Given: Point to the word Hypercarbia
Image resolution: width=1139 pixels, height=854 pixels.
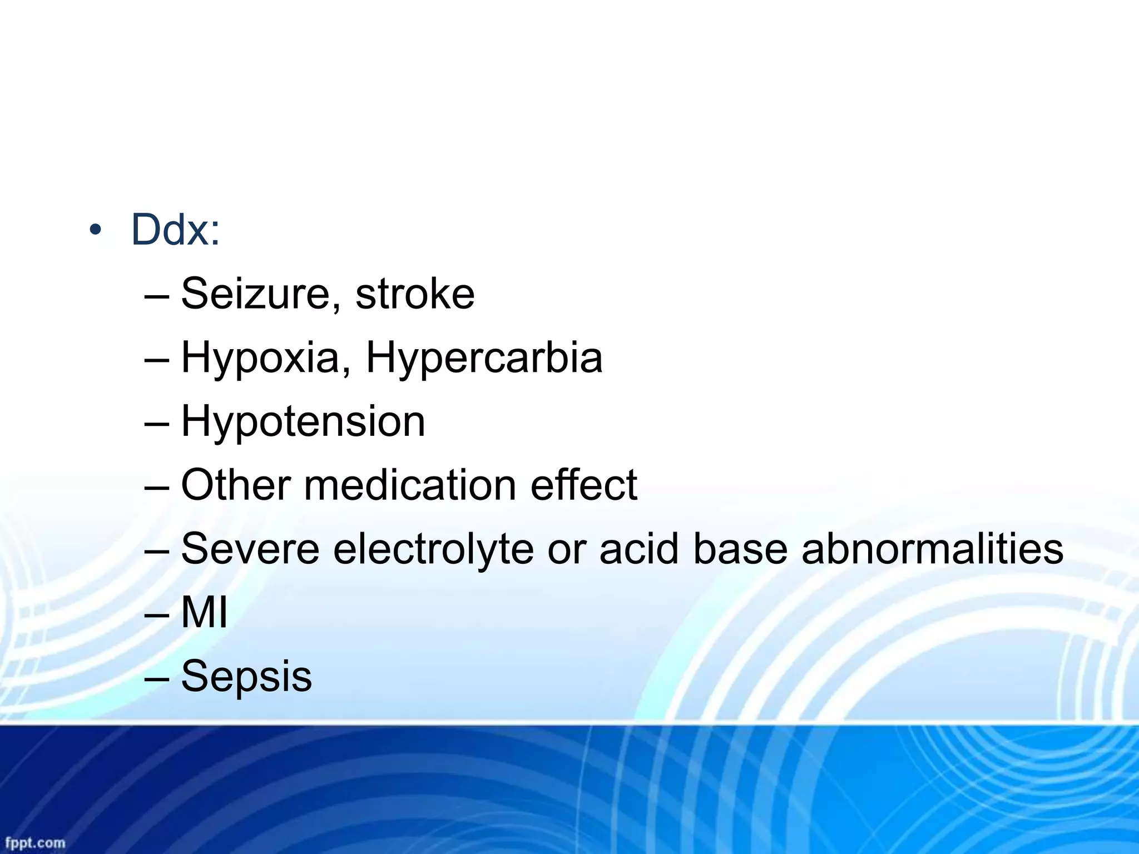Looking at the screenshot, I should (x=484, y=359).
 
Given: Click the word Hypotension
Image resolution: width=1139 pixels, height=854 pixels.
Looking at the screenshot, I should (x=303, y=421).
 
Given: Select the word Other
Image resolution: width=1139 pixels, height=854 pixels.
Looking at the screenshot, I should (x=236, y=485).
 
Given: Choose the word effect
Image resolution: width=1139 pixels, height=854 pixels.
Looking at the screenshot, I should (x=583, y=485).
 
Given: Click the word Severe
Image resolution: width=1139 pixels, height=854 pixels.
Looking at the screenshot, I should (x=250, y=549).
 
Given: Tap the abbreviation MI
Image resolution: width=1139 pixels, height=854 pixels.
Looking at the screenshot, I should (x=204, y=613).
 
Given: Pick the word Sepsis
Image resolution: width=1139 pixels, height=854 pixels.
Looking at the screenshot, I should (x=246, y=677).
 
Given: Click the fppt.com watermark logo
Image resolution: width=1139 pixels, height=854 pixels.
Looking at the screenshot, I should (x=35, y=842).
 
